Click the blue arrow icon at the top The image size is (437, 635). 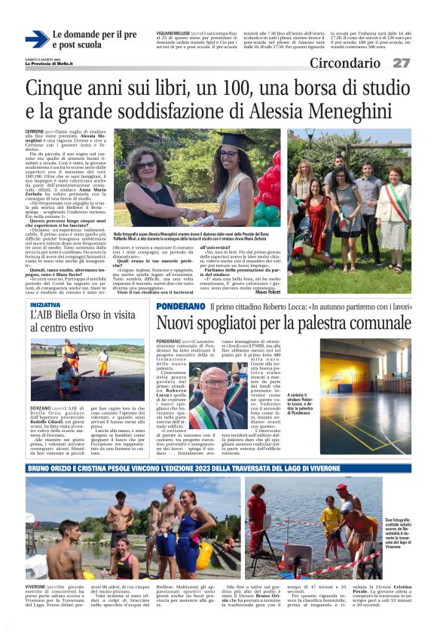tap(36, 39)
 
